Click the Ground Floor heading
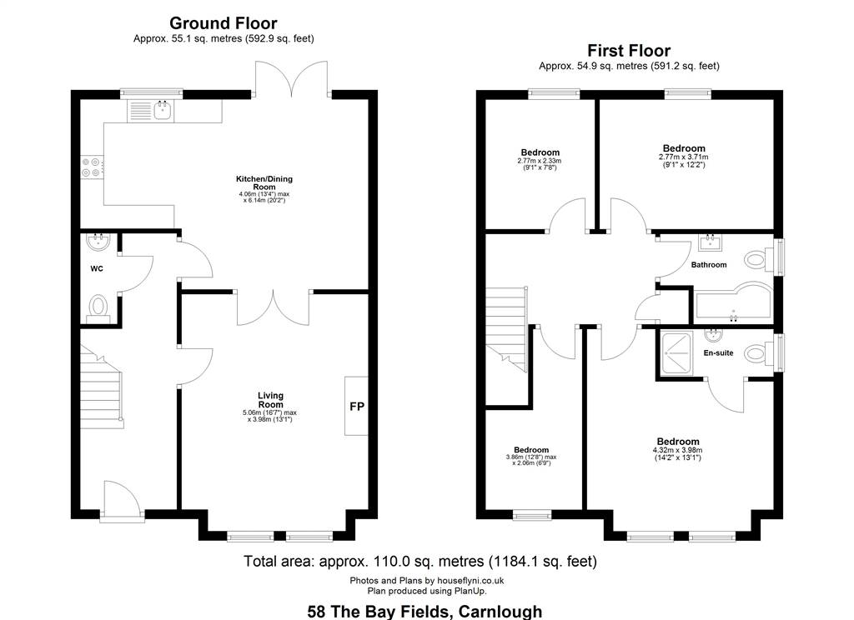click(x=223, y=23)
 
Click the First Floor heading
click(x=629, y=51)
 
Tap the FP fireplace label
click(x=357, y=406)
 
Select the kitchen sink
click(x=163, y=110)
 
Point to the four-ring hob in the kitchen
click(x=92, y=167)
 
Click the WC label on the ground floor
click(x=97, y=268)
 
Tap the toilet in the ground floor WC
click(x=98, y=307)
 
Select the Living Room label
click(x=271, y=400)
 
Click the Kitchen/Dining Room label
click(x=264, y=182)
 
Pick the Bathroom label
click(x=709, y=264)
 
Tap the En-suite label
click(x=718, y=352)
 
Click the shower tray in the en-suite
click(x=676, y=353)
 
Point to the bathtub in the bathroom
click(x=733, y=303)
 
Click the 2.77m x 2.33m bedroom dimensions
click(x=540, y=161)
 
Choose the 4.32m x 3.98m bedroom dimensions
click(x=677, y=450)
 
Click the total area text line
click(x=420, y=561)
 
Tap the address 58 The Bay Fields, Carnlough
click(x=424, y=612)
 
